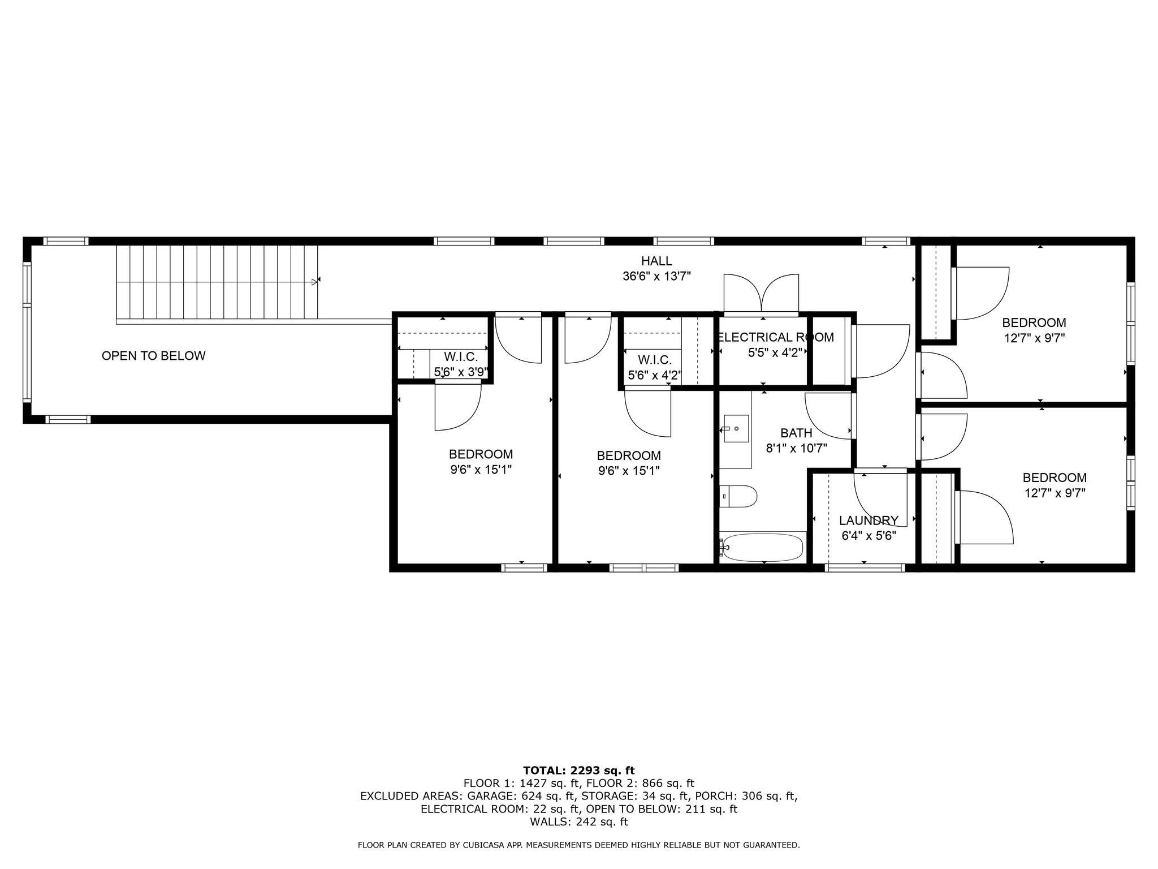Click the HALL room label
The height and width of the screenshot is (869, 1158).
(656, 261)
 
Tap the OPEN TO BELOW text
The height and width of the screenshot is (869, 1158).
(153, 356)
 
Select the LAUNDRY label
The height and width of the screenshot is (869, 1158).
(868, 520)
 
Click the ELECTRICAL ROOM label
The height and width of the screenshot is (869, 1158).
(775, 337)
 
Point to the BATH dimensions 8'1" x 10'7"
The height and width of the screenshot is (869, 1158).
(796, 449)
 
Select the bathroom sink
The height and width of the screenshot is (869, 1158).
(736, 429)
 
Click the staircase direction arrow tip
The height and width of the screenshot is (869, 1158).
(315, 281)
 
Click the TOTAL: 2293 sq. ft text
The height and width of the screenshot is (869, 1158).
(578, 770)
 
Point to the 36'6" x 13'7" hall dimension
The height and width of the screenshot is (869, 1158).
(656, 276)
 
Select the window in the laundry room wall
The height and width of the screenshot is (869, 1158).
(863, 567)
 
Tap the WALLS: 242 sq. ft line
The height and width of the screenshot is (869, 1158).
(578, 821)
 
